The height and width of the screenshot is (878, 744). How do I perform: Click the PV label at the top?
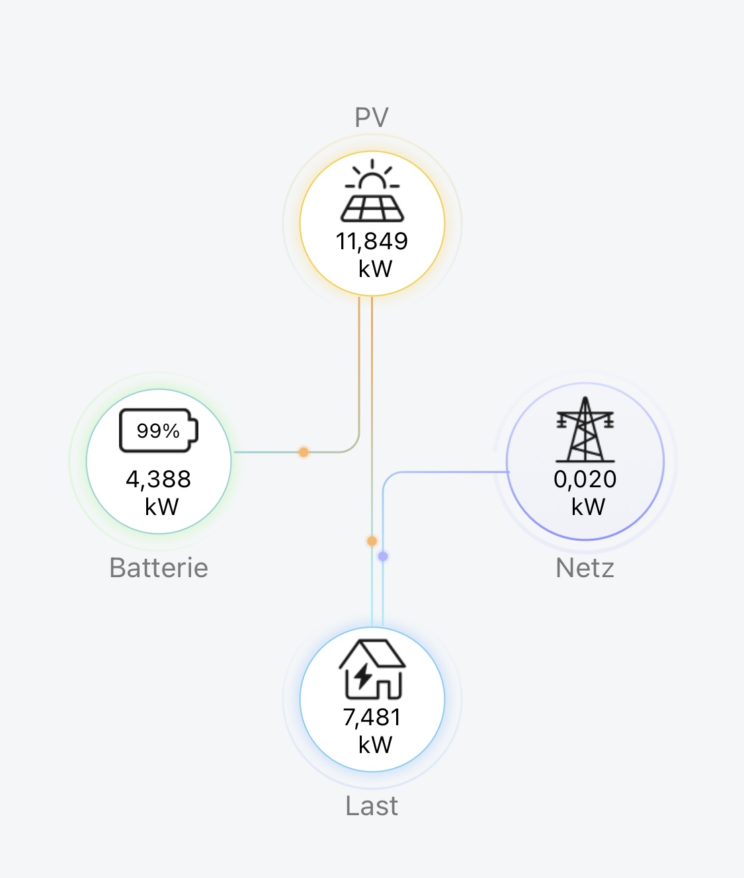coord(372,118)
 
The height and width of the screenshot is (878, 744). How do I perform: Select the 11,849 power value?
coord(372,241)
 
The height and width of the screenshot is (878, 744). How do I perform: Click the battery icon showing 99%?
coord(159,431)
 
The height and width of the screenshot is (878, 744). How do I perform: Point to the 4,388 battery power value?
coord(159,479)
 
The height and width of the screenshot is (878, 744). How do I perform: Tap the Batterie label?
coord(159,568)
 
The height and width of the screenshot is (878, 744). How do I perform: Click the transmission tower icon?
coord(585,430)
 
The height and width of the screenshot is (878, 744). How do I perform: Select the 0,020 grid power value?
coord(585,479)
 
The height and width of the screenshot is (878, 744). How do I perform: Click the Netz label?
coord(585,568)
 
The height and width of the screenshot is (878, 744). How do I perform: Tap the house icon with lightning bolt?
coord(372,669)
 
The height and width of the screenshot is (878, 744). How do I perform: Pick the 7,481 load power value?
coord(372,717)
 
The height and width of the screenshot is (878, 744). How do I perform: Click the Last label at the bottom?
coord(372,806)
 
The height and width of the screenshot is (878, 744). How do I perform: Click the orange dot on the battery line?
coord(304,452)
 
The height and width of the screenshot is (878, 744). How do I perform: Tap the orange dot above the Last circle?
coord(372,541)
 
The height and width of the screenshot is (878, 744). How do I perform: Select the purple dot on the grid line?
coord(383,557)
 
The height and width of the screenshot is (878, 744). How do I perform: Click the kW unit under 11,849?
coord(375,269)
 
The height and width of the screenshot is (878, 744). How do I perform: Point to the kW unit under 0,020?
coord(588,507)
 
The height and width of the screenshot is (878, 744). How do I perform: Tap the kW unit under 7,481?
coord(375,745)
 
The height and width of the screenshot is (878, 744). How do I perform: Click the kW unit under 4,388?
coord(161,507)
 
